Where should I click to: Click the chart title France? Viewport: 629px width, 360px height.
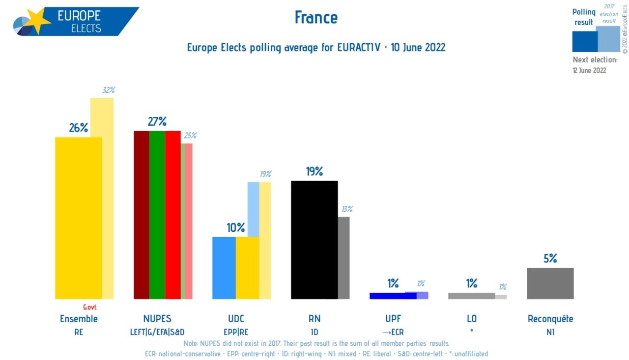click(x=316, y=18)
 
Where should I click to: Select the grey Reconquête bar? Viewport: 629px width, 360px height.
click(x=550, y=283)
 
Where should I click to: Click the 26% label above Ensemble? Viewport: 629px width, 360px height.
click(x=78, y=128)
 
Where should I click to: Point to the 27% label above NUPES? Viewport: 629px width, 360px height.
click(x=157, y=121)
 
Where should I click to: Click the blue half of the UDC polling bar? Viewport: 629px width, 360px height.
click(x=224, y=268)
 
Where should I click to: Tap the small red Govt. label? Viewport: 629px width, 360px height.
click(x=90, y=307)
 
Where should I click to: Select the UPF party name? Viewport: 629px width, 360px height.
click(x=393, y=319)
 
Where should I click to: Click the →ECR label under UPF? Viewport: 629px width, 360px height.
click(x=393, y=332)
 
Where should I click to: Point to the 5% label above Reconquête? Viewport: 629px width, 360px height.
click(x=550, y=258)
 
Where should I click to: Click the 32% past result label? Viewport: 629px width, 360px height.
click(x=108, y=90)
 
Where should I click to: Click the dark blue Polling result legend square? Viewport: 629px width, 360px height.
click(x=585, y=41)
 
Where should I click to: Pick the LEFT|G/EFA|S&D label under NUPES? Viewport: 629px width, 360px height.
click(x=157, y=332)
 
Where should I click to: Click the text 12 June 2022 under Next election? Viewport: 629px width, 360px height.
click(x=589, y=70)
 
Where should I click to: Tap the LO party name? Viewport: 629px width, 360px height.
click(x=471, y=319)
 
